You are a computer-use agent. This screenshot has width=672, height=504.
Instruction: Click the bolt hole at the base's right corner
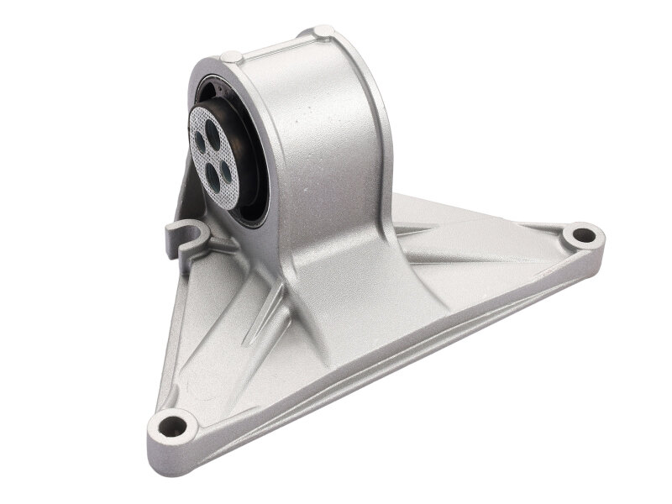(580, 236)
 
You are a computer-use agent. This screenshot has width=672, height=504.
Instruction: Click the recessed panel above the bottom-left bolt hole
(210, 353)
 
